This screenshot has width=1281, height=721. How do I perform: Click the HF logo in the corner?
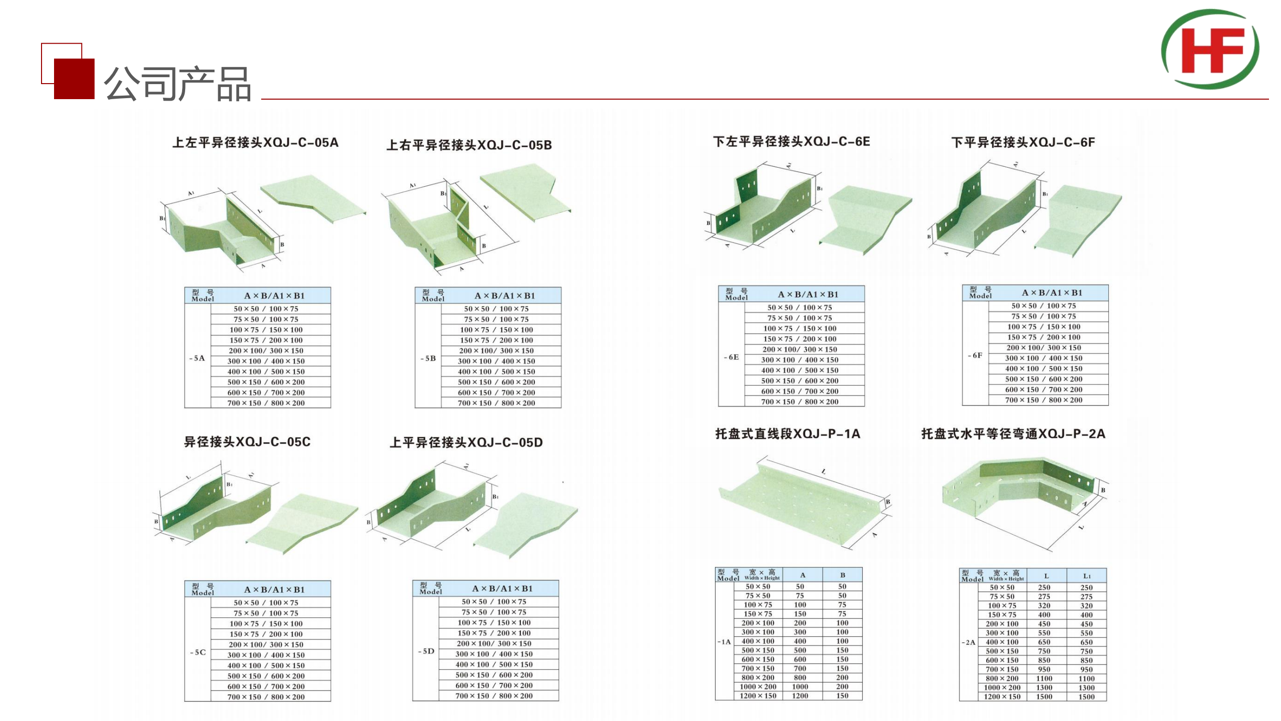[1210, 49]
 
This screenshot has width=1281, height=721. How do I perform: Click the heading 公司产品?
[177, 84]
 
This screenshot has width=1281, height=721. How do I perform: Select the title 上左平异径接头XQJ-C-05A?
[255, 143]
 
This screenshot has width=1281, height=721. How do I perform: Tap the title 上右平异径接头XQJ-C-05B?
[469, 145]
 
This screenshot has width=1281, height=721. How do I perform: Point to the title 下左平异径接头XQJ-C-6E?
[792, 142]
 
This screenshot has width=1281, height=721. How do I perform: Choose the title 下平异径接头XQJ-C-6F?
[1023, 143]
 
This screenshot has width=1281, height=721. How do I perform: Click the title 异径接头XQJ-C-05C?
[247, 442]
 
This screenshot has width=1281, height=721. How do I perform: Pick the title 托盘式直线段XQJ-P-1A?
[788, 434]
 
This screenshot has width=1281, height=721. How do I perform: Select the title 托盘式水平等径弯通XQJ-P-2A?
[1013, 434]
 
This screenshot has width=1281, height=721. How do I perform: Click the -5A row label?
[197, 358]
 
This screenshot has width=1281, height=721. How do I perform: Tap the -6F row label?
[975, 355]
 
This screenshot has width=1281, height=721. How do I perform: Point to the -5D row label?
[426, 651]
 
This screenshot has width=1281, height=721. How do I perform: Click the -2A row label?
[968, 642]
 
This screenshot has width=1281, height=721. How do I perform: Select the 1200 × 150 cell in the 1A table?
[758, 695]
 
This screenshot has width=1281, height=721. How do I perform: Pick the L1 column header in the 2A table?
[1087, 576]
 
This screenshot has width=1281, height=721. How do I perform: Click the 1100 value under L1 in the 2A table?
[1086, 678]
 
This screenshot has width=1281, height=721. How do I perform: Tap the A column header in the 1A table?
[802, 575]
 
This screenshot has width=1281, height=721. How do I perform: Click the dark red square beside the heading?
[74, 79]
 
